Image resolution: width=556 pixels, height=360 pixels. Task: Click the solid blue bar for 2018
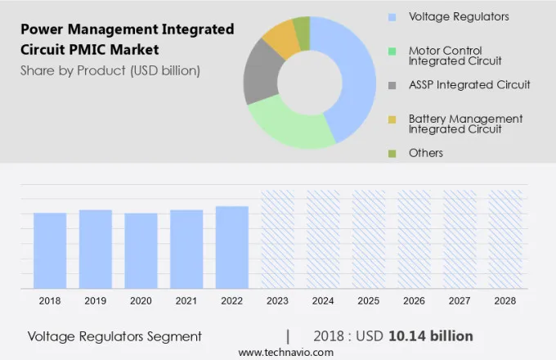tap(50, 250)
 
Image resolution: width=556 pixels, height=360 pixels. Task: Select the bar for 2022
tap(232, 247)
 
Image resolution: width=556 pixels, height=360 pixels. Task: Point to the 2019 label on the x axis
tap(95, 301)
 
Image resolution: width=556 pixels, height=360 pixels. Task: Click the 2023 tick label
tap(277, 301)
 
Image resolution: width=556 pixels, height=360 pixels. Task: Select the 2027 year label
tap(460, 301)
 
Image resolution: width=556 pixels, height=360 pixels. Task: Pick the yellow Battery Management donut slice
tap(280, 37)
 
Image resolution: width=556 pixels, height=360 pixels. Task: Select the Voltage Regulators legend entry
tap(458, 16)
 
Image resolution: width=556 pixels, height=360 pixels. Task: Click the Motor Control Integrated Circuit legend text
tap(456, 56)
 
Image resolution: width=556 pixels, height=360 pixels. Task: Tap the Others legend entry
tap(425, 153)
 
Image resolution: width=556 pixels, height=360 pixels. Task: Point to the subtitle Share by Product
tap(110, 70)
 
